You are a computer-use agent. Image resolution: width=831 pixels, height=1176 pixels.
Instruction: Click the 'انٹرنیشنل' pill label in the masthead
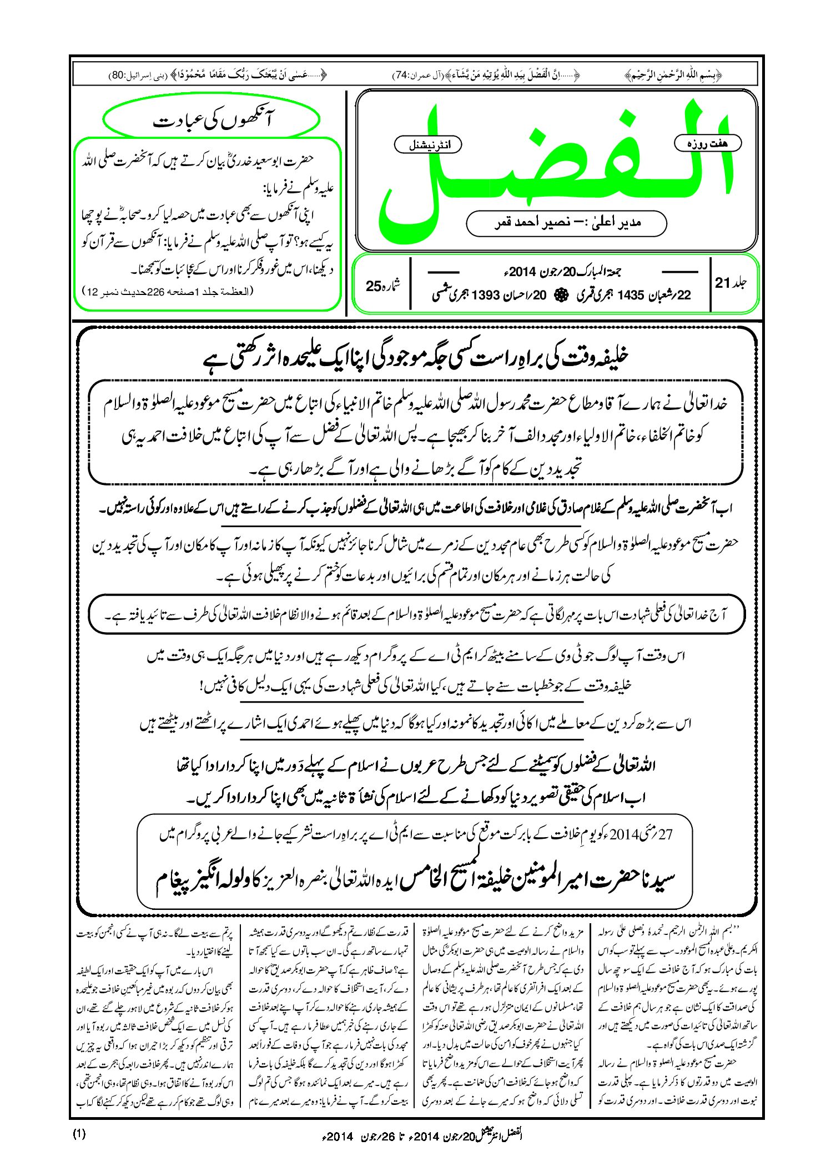[427, 145]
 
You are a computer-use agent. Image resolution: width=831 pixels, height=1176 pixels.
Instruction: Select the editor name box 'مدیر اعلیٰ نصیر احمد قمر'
[566, 223]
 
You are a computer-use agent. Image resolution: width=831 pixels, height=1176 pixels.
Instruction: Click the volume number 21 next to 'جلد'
[722, 283]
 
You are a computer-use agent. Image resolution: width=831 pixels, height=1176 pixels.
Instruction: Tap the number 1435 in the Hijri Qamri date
[630, 296]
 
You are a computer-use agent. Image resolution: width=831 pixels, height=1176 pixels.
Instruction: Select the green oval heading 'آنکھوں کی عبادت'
[211, 121]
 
